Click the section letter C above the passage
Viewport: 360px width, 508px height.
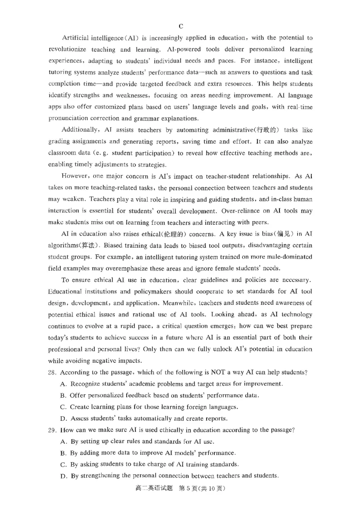click(x=180, y=26)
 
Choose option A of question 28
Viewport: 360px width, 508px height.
click(x=63, y=384)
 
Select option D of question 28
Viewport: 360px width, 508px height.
click(x=63, y=419)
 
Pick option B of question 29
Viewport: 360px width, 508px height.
click(x=63, y=453)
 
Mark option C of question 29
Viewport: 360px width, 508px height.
click(x=63, y=464)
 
